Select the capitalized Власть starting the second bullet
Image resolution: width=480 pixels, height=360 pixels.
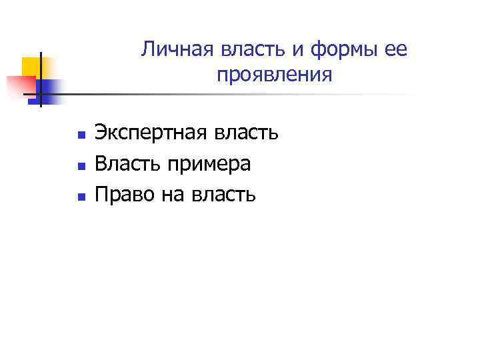coord(126,164)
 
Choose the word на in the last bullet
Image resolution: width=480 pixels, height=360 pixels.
coord(173,195)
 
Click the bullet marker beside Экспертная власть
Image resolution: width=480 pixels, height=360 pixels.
coord(80,135)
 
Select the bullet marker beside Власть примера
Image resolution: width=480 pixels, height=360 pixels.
coord(80,166)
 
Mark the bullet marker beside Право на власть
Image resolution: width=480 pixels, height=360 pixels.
coord(80,197)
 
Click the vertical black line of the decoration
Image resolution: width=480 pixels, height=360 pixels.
coord(40,79)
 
